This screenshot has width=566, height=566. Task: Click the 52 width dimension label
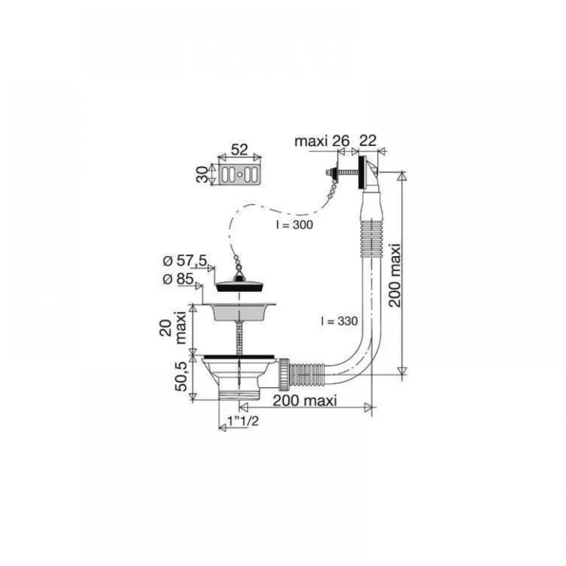[239, 149]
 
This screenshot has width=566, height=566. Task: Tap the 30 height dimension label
[203, 175]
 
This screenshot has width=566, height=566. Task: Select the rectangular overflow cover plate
[239, 175]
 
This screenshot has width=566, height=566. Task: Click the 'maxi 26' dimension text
[322, 141]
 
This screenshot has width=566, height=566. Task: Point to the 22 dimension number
[368, 140]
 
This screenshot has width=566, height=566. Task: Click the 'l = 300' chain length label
[294, 225]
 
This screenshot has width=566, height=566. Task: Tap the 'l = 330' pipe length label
[340, 321]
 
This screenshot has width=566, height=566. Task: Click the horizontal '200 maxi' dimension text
[304, 400]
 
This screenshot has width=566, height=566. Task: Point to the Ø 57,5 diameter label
[184, 260]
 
